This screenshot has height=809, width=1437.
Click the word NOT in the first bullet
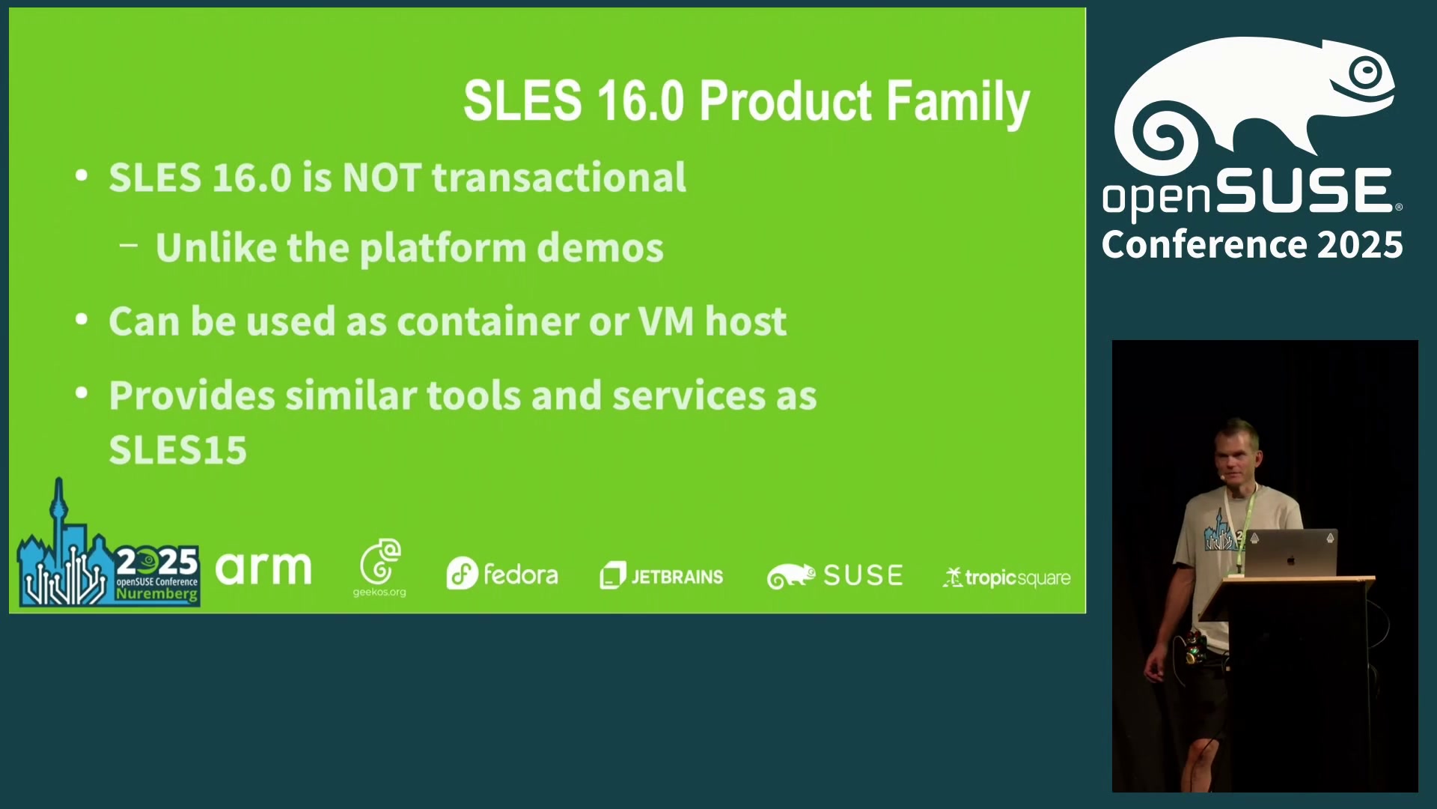click(x=382, y=178)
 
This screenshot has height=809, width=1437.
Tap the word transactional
click(x=559, y=178)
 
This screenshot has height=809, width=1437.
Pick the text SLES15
click(x=178, y=450)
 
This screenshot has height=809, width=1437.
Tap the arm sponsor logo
click(x=263, y=569)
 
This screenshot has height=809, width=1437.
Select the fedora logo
click(x=502, y=574)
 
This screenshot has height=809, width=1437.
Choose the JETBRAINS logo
click(x=662, y=576)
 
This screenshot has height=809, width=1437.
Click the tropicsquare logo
click(x=1007, y=578)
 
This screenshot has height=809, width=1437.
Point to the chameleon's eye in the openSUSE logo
click(x=1367, y=73)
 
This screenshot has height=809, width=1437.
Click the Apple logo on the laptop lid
click(x=1290, y=560)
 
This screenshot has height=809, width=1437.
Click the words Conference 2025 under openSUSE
click(x=1252, y=245)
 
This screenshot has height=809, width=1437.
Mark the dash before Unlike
click(x=129, y=244)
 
